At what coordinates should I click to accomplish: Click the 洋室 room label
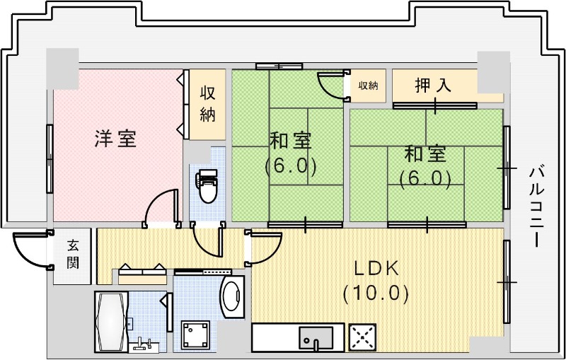115,139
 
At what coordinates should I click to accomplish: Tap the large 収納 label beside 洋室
207,103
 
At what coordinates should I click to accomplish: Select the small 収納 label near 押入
368,86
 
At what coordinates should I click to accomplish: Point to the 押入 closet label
432,86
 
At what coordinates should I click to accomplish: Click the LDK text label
376,269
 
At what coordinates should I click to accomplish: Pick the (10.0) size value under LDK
376,293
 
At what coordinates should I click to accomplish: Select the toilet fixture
207,185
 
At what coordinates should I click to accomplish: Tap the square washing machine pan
195,335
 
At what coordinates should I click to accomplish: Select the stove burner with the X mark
363,337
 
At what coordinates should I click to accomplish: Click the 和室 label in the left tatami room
290,140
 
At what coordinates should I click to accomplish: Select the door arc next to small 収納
330,86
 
